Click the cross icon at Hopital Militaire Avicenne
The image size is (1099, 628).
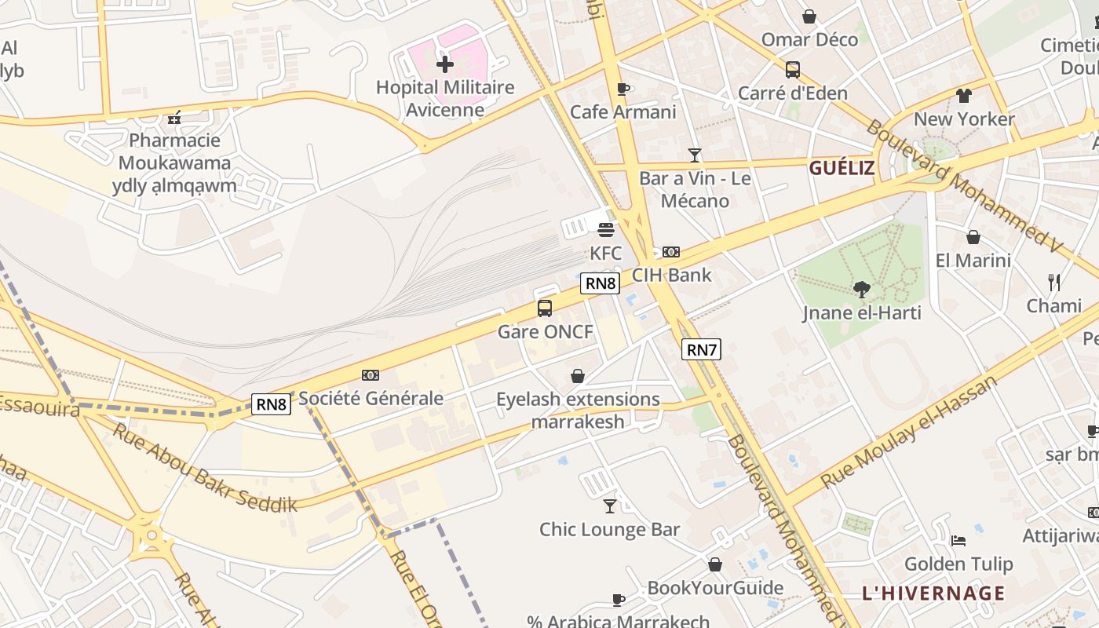[445, 64]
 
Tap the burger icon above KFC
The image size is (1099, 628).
[605, 230]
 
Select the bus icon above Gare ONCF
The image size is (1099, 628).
[545, 309]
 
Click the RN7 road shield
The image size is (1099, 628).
[701, 350]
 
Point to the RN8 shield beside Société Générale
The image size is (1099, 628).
[271, 404]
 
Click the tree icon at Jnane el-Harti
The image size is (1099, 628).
[862, 290]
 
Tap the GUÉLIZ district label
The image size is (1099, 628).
[842, 168]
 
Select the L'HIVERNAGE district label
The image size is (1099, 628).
[933, 593]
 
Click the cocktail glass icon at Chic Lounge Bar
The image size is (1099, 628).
[610, 506]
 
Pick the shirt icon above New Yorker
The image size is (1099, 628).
[964, 96]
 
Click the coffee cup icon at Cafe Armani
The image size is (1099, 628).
[623, 89]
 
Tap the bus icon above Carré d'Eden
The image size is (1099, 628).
[793, 70]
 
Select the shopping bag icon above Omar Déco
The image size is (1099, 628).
[809, 16]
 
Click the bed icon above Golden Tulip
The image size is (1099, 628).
[958, 541]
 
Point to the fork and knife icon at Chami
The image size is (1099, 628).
[1054, 283]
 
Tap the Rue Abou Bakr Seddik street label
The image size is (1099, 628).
[205, 469]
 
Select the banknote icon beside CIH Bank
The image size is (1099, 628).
[670, 252]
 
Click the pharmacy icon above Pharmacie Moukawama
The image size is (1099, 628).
[174, 119]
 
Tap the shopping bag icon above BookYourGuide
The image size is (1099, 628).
[715, 564]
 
